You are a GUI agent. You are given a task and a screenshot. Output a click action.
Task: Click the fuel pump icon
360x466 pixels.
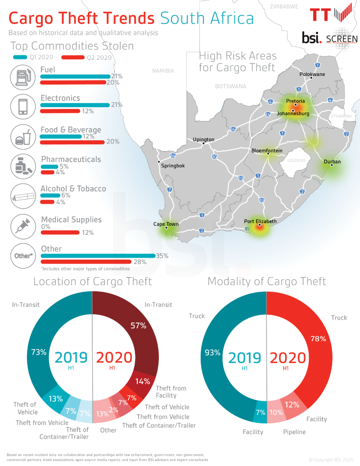tap(22, 76)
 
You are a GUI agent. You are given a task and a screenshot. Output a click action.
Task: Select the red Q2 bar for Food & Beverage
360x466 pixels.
tap(72, 142)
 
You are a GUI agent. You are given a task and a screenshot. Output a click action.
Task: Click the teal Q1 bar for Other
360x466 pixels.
tap(97, 256)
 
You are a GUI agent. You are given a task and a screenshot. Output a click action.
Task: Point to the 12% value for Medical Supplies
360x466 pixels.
tap(88, 233)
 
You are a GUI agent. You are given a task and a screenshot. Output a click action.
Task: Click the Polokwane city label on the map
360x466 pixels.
tap(312, 74)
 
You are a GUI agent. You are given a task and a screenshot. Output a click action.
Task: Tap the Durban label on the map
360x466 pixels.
tap(332, 161)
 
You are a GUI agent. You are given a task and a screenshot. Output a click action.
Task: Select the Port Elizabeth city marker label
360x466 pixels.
tap(260, 221)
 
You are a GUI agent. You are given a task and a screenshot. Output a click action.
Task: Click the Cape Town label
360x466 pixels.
tap(166, 224)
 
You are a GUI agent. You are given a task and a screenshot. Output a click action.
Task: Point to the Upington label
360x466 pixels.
tap(203, 139)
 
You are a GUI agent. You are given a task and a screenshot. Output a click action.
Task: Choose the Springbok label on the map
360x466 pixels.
tap(172, 166)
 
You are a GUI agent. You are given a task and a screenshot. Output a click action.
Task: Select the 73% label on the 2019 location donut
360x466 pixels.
tap(39, 352)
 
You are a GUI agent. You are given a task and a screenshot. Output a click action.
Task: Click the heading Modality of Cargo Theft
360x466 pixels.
tap(266, 282)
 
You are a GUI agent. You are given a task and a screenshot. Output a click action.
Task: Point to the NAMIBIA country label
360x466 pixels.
tap(162, 71)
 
